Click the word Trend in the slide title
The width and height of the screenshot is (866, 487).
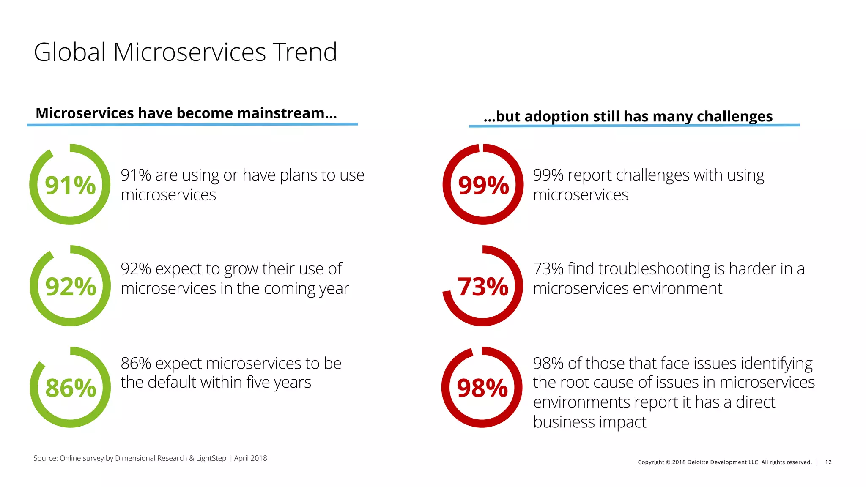tap(304, 52)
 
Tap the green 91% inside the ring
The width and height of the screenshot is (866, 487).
tap(70, 185)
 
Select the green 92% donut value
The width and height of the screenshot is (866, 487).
tap(71, 287)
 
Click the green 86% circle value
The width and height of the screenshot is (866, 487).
tap(71, 388)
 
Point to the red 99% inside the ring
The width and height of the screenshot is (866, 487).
tap(483, 185)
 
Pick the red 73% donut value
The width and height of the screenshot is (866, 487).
tap(483, 287)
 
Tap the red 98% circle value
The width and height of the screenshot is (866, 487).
tap(482, 388)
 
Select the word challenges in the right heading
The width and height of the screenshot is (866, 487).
tap(734, 116)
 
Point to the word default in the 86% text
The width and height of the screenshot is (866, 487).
tap(172, 382)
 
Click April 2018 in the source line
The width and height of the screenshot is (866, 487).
tap(250, 458)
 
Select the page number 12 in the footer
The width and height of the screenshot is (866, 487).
tap(828, 462)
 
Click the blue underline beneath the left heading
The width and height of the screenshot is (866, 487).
tap(192, 124)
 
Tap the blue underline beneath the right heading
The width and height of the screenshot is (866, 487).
tap(634, 126)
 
